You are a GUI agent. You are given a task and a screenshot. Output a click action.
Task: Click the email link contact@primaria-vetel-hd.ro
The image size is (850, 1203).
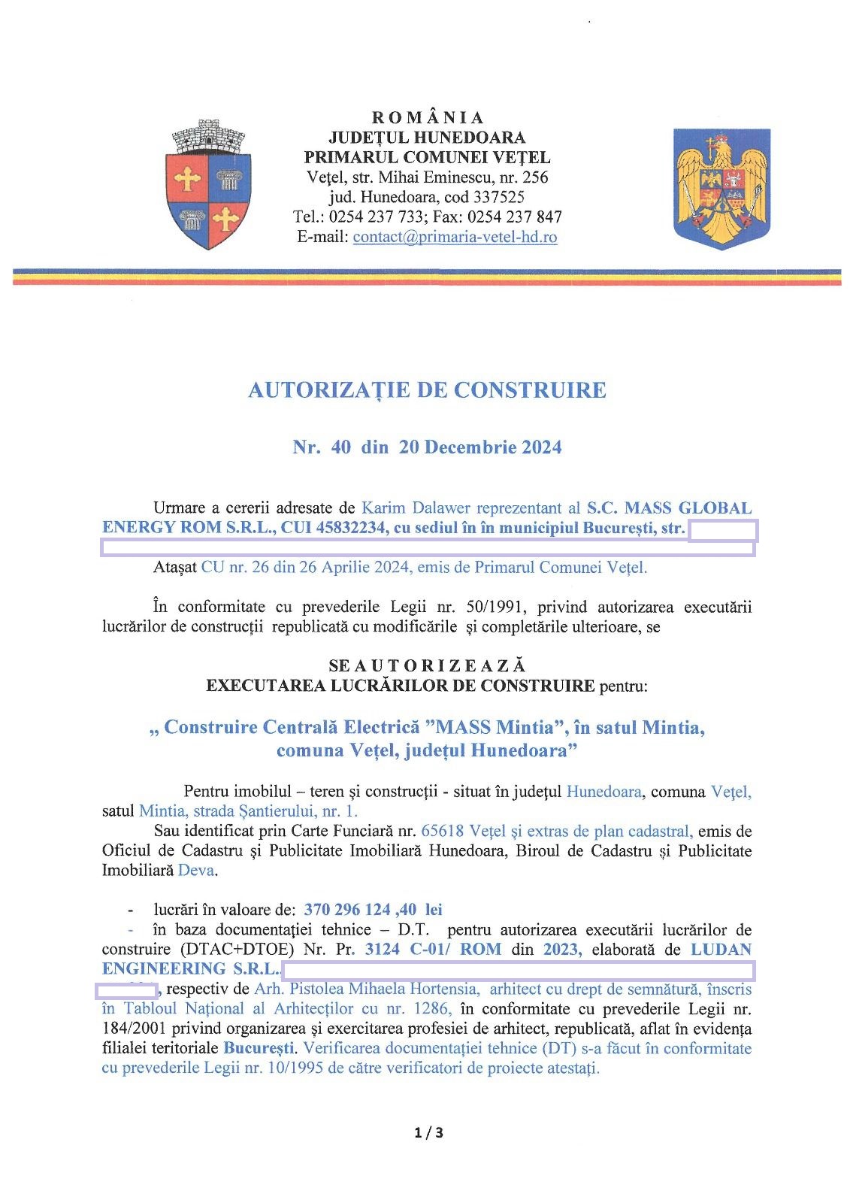[455, 237]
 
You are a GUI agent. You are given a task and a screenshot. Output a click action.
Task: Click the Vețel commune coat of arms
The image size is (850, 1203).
[208, 185]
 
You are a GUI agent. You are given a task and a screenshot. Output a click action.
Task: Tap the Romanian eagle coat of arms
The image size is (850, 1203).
[721, 188]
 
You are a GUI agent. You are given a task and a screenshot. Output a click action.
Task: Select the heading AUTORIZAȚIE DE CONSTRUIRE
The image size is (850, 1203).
[427, 390]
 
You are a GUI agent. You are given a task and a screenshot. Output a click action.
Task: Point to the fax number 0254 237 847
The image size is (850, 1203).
[515, 217]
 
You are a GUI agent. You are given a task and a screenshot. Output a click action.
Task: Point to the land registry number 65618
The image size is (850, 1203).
[443, 831]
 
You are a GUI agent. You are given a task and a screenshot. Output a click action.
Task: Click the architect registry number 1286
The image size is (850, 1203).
[431, 1008]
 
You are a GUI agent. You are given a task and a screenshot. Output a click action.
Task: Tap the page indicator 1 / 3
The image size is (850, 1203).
[428, 1132]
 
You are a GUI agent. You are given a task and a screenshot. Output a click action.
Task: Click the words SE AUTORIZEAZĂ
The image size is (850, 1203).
[427, 666]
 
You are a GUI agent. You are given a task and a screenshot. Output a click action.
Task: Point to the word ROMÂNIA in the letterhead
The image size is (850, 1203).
[428, 118]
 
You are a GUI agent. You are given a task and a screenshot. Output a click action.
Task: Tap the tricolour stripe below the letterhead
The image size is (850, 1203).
[427, 277]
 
